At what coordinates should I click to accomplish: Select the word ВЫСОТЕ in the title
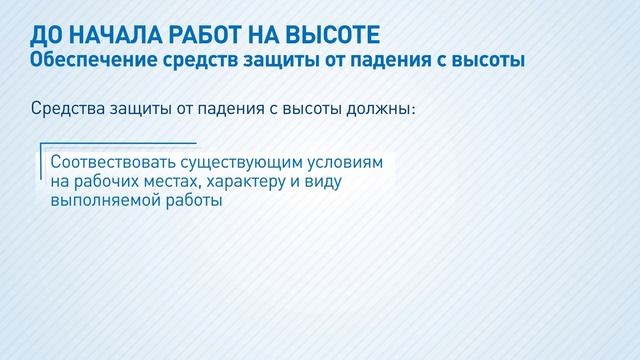point(331,37)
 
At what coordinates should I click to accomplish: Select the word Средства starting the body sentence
point(68,108)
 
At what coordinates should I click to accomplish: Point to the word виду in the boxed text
point(330,181)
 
